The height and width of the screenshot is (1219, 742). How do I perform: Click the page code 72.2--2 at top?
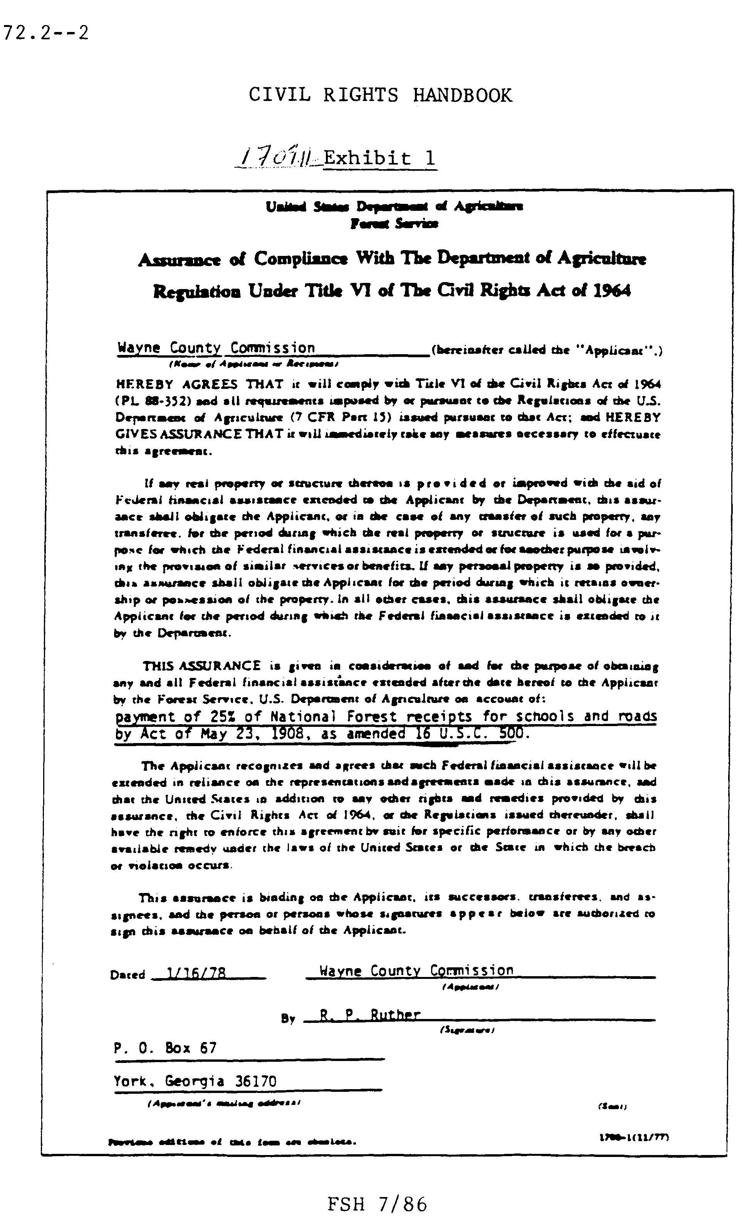point(46,33)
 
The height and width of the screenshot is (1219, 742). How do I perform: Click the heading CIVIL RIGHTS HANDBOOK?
point(380,94)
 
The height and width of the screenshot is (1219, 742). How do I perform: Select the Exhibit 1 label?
point(379,159)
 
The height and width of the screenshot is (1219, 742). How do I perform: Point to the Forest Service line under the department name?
point(394,224)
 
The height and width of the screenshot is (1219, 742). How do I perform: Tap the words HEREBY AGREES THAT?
point(199,384)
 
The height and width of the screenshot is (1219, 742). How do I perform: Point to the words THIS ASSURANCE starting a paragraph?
point(201,666)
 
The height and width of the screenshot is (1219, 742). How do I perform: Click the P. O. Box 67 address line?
point(165,1048)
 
